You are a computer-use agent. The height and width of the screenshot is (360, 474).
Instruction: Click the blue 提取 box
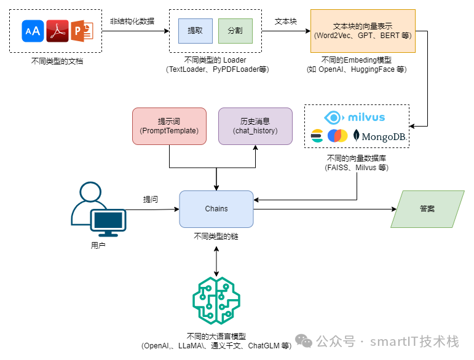pyautogui.click(x=195, y=31)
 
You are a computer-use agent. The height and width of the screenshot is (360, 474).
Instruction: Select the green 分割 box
pyautogui.click(x=235, y=31)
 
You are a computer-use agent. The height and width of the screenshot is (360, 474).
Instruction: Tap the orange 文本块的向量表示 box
pyautogui.click(x=362, y=31)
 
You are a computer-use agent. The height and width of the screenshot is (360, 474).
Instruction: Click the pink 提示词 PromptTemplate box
pyautogui.click(x=169, y=126)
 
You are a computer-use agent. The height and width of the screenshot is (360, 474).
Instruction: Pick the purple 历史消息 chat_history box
pyautogui.click(x=255, y=126)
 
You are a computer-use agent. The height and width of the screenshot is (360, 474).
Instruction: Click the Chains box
pyautogui.click(x=216, y=209)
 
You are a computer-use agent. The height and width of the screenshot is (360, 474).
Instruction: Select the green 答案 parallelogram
pyautogui.click(x=427, y=209)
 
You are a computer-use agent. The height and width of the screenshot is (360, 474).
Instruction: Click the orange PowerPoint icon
pyautogui.click(x=82, y=31)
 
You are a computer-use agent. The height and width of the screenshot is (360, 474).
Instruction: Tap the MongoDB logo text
pyautogui.click(x=383, y=136)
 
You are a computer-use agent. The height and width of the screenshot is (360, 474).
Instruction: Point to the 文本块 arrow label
pyautogui.click(x=286, y=21)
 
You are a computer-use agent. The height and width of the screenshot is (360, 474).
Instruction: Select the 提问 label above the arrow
pyautogui.click(x=151, y=200)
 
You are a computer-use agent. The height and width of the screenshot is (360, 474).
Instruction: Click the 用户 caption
pyautogui.click(x=98, y=246)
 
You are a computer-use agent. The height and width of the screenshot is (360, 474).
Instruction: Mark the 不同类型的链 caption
pyautogui.click(x=216, y=236)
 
